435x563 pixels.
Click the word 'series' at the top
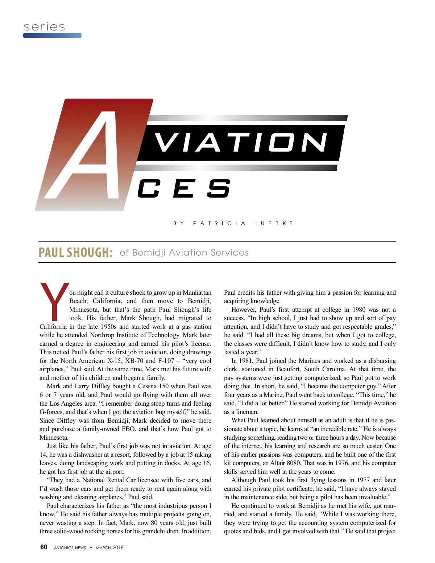(44, 27)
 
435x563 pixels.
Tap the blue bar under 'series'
(52, 36)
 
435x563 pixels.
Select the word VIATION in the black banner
(241, 142)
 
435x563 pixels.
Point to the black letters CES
(183, 189)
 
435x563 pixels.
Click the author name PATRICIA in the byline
(219, 223)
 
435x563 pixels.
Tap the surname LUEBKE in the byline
(274, 223)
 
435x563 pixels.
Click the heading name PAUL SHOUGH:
(76, 252)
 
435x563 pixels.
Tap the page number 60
(43, 547)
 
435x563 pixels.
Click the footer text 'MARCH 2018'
(109, 547)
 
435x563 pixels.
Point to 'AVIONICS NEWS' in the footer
(70, 547)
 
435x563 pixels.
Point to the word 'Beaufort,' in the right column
(289, 369)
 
